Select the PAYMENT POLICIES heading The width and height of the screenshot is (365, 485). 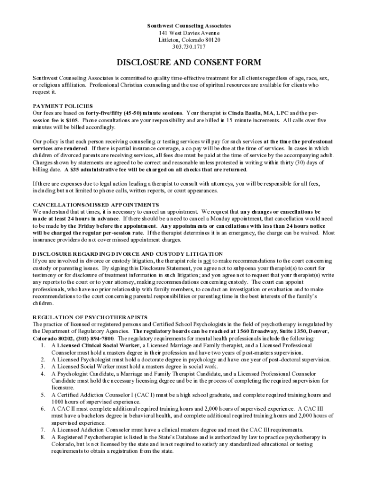click(x=63, y=106)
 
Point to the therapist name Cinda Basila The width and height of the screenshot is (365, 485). click(x=245, y=114)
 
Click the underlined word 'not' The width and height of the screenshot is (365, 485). click(x=206, y=261)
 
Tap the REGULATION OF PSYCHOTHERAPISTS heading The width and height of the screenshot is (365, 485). click(x=90, y=317)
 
